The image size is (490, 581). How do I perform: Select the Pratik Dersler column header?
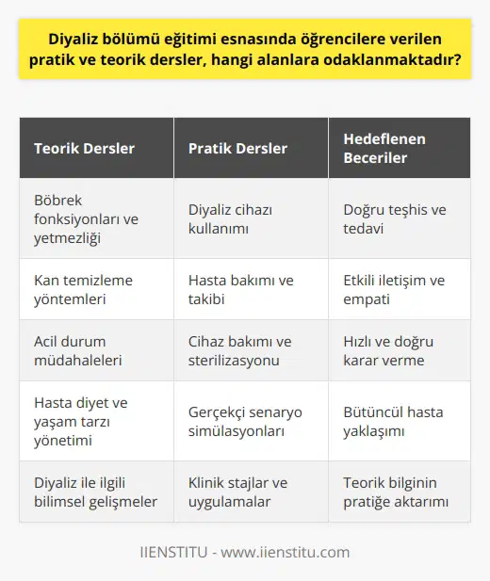[x=239, y=149]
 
